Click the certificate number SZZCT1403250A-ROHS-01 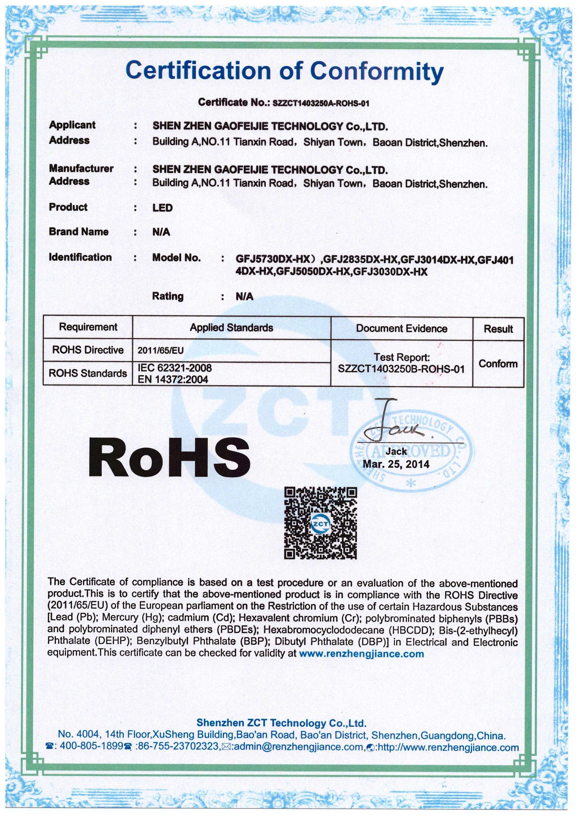320,103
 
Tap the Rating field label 168,296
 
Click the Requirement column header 88,327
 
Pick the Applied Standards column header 231,328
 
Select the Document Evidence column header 401,328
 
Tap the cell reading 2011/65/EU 161,351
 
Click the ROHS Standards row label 88,373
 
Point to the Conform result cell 498,364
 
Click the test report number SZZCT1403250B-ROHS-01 401,369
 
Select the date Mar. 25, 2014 396,464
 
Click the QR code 321,523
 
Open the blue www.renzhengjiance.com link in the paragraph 362,654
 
